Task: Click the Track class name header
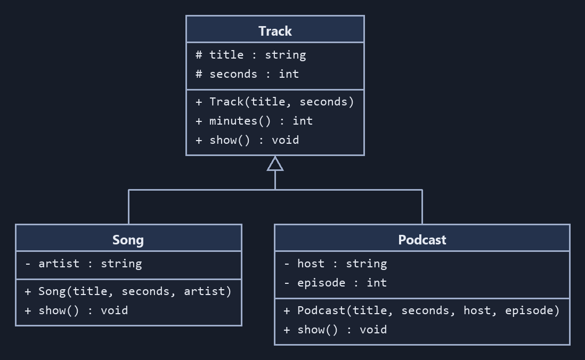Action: click(x=275, y=31)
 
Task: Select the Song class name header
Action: click(x=128, y=240)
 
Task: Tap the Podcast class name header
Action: click(x=422, y=240)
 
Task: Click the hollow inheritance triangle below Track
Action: click(x=275, y=163)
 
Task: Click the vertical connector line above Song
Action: click(x=129, y=207)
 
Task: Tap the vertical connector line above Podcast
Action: click(x=423, y=207)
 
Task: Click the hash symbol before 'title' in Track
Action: click(x=199, y=55)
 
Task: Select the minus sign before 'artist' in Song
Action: click(x=28, y=264)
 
